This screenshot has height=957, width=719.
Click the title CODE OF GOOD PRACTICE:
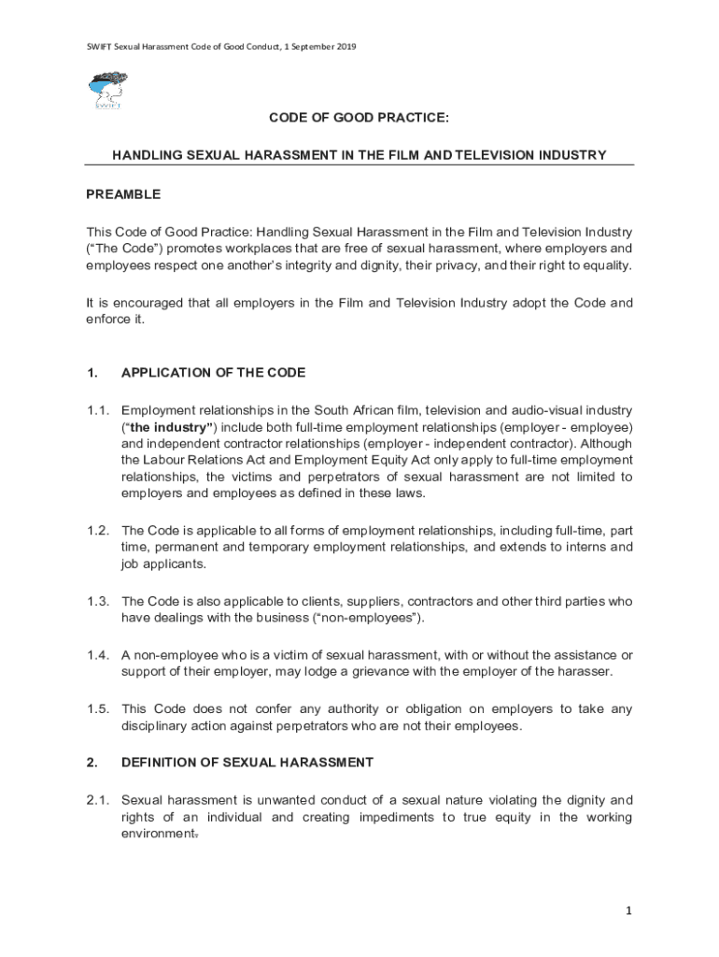pyautogui.click(x=359, y=119)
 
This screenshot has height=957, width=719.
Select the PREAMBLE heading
pyautogui.click(x=123, y=194)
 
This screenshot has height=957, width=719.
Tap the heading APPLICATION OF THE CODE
pyautogui.click(x=214, y=374)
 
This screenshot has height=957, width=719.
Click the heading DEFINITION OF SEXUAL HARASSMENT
pyautogui.click(x=247, y=763)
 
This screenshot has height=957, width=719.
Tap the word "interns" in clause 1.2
pyautogui.click(x=575, y=547)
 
